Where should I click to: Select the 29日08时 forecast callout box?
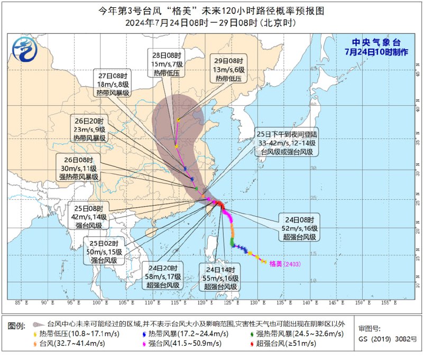click(229, 69)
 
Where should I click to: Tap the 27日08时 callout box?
click(113, 84)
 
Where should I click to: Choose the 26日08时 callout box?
click(80, 168)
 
